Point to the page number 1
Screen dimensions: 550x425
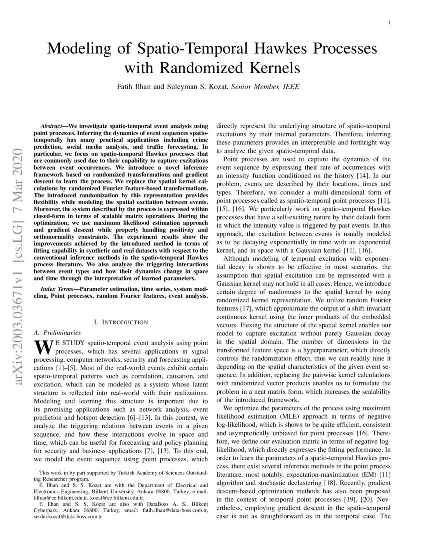pos(389,23)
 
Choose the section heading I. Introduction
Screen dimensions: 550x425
pos(121,322)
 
